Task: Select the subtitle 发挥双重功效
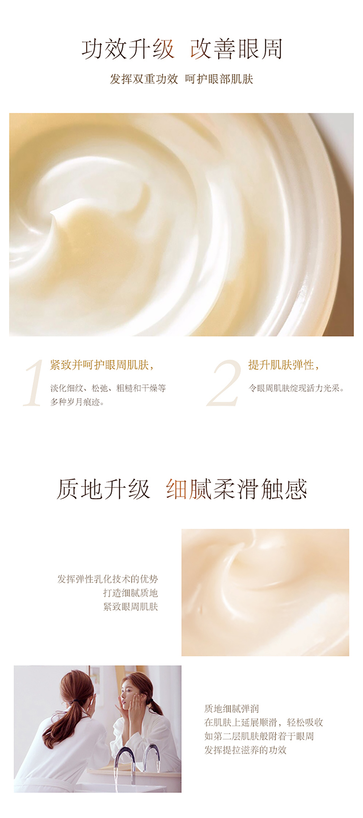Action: pyautogui.click(x=144, y=79)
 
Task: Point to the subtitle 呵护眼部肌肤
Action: pyautogui.click(x=219, y=79)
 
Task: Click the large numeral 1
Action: pyautogui.click(x=33, y=383)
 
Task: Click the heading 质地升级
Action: pyautogui.click(x=104, y=489)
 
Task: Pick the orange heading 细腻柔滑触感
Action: pyautogui.click(x=237, y=489)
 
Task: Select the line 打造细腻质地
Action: pyautogui.click(x=130, y=592)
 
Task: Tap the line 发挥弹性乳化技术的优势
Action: pyautogui.click(x=108, y=579)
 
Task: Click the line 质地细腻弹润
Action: pyautogui.click(x=231, y=709)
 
